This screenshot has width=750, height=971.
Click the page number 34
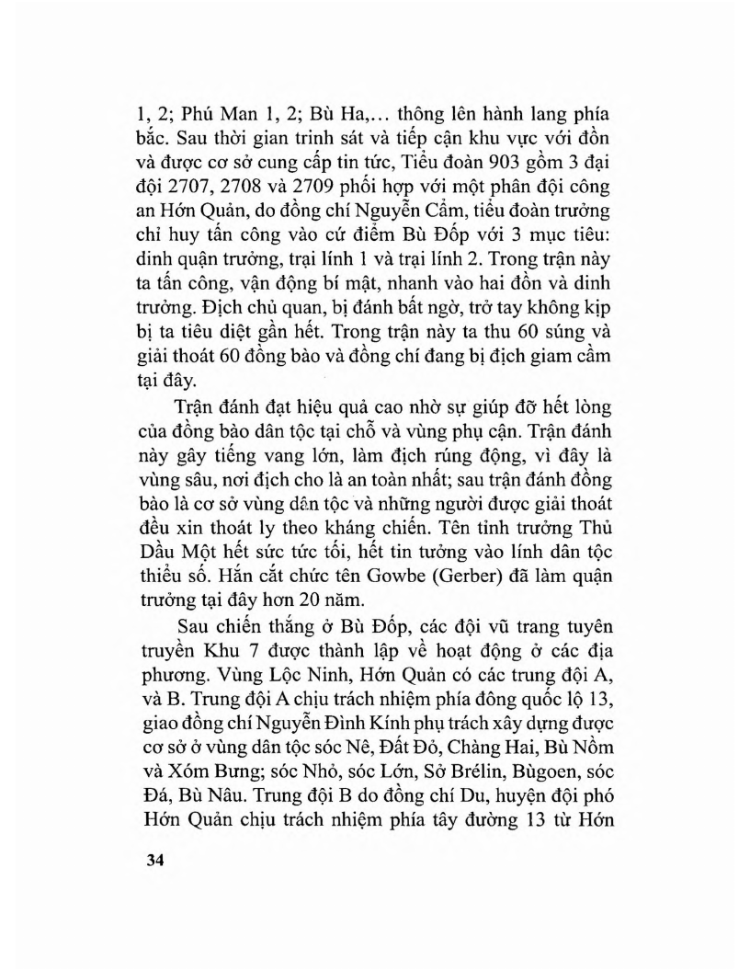[145, 863]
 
